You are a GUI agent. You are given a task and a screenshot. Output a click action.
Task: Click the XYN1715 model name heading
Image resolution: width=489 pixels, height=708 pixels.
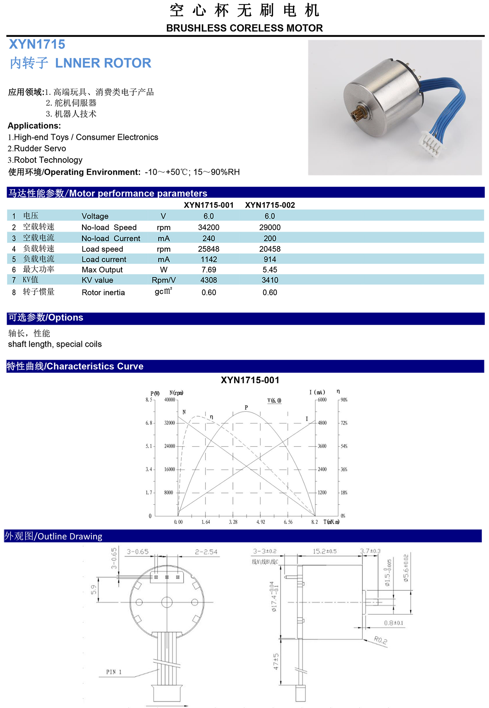37,44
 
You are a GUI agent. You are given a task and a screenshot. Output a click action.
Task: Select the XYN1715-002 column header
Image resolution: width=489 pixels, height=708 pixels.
270,205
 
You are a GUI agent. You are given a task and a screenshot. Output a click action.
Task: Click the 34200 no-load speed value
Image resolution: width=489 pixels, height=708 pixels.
209,227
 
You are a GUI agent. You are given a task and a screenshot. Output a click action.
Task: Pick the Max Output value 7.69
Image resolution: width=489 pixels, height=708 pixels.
209,270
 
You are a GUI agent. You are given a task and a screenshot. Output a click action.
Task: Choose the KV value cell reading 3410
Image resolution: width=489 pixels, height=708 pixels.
270,280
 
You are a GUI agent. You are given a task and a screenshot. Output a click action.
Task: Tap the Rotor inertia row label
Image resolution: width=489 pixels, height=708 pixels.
103,292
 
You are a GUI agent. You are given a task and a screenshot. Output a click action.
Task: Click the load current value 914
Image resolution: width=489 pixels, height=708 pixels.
270,259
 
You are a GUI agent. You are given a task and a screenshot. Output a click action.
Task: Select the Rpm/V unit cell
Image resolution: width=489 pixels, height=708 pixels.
164,280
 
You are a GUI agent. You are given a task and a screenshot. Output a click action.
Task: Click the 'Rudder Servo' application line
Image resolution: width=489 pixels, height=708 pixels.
40,148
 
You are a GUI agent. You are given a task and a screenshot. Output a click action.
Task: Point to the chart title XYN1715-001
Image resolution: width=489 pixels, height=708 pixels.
250,380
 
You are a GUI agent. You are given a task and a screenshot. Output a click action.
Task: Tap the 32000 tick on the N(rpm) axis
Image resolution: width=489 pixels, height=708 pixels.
170,423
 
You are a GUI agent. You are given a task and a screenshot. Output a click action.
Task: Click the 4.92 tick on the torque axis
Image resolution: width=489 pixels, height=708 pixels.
261,522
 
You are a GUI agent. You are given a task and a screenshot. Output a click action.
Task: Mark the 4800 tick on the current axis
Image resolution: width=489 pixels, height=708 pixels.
322,423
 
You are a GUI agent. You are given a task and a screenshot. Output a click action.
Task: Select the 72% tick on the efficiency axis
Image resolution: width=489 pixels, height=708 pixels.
344,423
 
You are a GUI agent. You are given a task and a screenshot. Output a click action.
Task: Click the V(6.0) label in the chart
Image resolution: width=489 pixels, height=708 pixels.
274,401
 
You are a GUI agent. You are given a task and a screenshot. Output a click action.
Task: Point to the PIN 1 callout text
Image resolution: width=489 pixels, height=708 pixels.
114,672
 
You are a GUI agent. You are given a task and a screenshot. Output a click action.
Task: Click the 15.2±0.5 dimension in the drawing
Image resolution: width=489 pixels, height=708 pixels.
324,551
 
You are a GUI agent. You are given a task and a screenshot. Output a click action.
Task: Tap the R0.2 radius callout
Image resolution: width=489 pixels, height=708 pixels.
380,640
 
